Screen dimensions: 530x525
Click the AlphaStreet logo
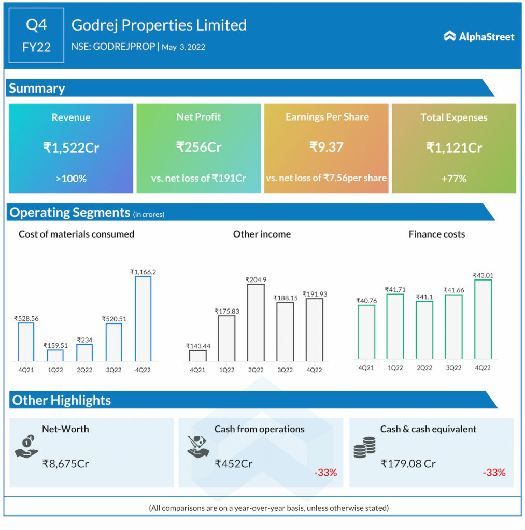point(479,36)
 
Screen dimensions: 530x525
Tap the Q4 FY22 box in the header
point(36,35)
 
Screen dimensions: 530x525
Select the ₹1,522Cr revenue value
point(71,148)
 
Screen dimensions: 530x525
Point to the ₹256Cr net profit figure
point(198,147)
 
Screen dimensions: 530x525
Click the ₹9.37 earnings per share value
point(326,147)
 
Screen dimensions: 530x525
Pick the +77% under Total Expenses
point(454,179)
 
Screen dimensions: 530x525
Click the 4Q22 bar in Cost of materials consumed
point(143,318)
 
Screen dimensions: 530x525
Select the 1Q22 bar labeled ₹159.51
point(55,355)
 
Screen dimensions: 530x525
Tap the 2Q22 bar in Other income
point(256,322)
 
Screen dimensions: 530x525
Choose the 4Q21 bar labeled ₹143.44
point(197,355)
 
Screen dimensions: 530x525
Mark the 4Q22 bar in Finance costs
point(483,319)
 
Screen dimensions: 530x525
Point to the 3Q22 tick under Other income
point(285,370)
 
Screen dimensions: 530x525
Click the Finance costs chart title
point(436,234)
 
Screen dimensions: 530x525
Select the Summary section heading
point(37,89)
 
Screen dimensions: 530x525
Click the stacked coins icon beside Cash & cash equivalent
point(364,447)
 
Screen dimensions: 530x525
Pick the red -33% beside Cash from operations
point(325,473)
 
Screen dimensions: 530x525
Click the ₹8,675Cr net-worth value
point(66,464)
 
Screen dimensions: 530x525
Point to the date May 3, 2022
point(183,47)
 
